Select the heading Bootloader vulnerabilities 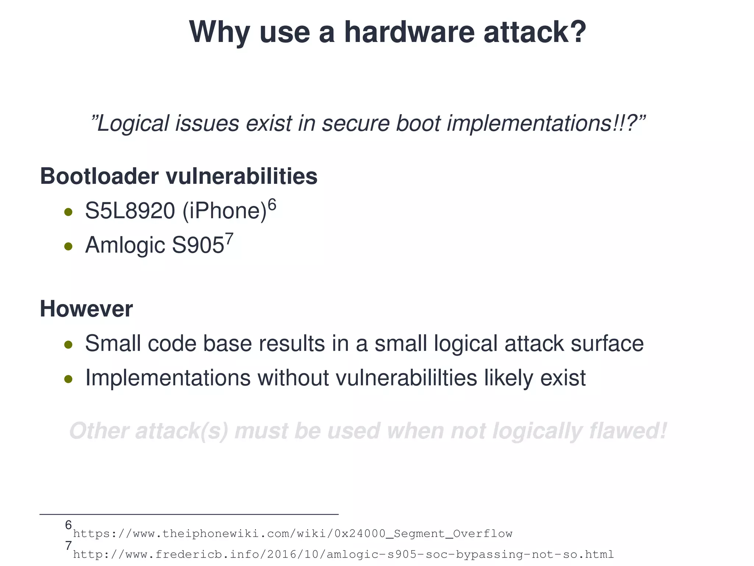pos(179,176)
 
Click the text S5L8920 pos(130,211)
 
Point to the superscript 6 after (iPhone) pos(272,204)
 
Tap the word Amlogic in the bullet pos(125,245)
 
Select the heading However pos(86,309)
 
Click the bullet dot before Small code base pos(68,345)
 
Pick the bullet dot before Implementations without pos(68,379)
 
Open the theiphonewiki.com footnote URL pos(293,533)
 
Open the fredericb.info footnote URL pos(343,554)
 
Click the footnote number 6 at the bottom pos(68,525)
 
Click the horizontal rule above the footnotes pos(189,514)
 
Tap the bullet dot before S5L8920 pos(68,212)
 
